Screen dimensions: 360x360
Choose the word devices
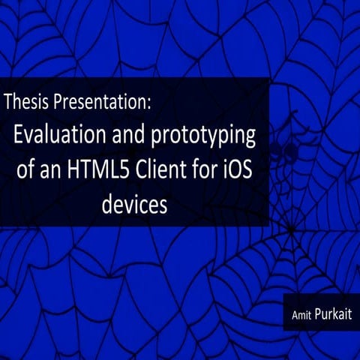pos(134,205)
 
